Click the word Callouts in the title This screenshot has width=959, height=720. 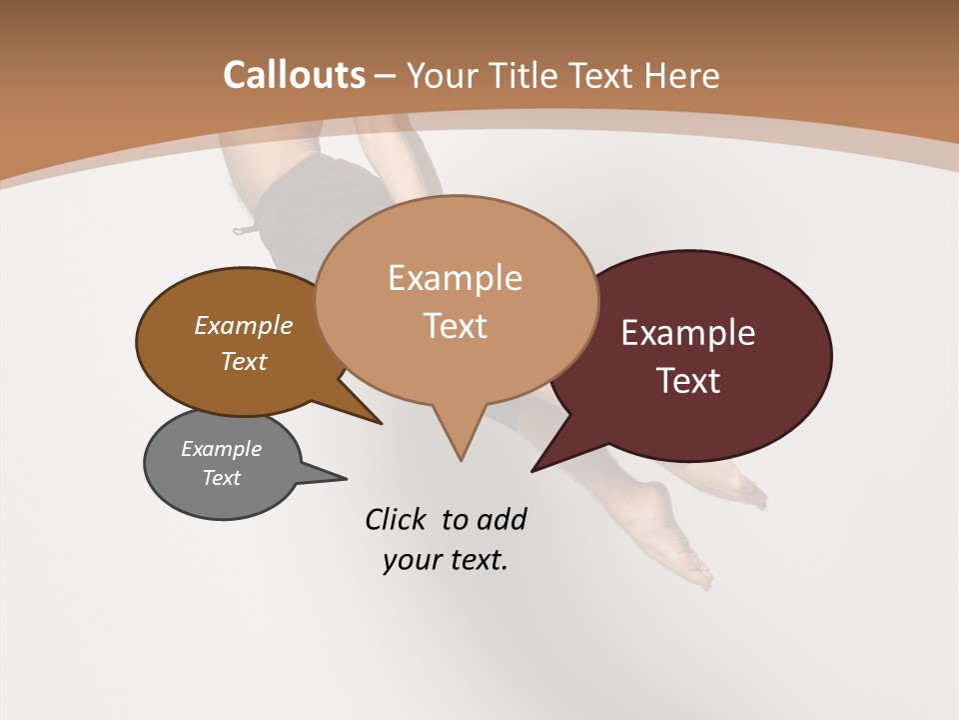(294, 75)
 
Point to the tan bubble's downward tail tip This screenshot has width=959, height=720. (461, 459)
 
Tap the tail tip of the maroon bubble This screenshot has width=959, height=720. (534, 469)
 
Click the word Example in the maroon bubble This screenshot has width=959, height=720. (688, 333)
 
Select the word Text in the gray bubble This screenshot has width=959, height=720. (222, 478)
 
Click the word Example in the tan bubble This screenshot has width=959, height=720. (455, 278)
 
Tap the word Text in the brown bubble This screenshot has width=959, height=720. (244, 361)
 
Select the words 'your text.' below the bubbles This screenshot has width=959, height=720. (446, 560)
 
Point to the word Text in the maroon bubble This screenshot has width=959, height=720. (689, 381)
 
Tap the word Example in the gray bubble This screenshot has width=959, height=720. (222, 449)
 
